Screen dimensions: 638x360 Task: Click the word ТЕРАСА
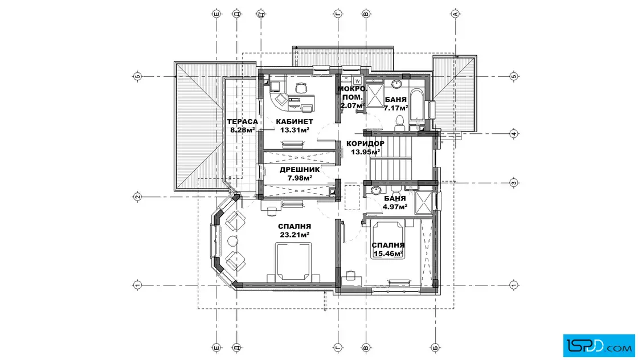click(243, 122)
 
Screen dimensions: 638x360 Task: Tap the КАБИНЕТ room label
click(295, 122)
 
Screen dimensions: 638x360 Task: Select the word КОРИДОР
click(365, 144)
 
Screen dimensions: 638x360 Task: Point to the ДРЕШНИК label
click(300, 170)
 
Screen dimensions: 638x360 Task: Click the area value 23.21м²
click(295, 235)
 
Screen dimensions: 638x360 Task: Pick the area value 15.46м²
click(388, 254)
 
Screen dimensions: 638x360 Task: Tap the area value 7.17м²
click(396, 108)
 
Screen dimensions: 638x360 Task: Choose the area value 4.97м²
click(395, 207)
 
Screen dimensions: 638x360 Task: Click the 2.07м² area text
click(353, 106)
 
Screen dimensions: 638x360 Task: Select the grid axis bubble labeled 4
click(514, 134)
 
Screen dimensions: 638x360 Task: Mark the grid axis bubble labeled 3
click(514, 183)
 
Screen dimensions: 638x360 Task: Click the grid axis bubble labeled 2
click(137, 197)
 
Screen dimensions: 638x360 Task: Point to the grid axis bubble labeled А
click(455, 14)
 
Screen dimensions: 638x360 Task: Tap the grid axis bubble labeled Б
click(435, 348)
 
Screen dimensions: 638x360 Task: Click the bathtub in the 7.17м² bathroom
click(416, 105)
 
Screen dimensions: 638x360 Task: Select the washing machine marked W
click(357, 80)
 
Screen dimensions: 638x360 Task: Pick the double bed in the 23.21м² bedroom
click(293, 261)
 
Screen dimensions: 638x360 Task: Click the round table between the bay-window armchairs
click(232, 241)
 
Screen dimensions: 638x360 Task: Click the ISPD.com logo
click(599, 346)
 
